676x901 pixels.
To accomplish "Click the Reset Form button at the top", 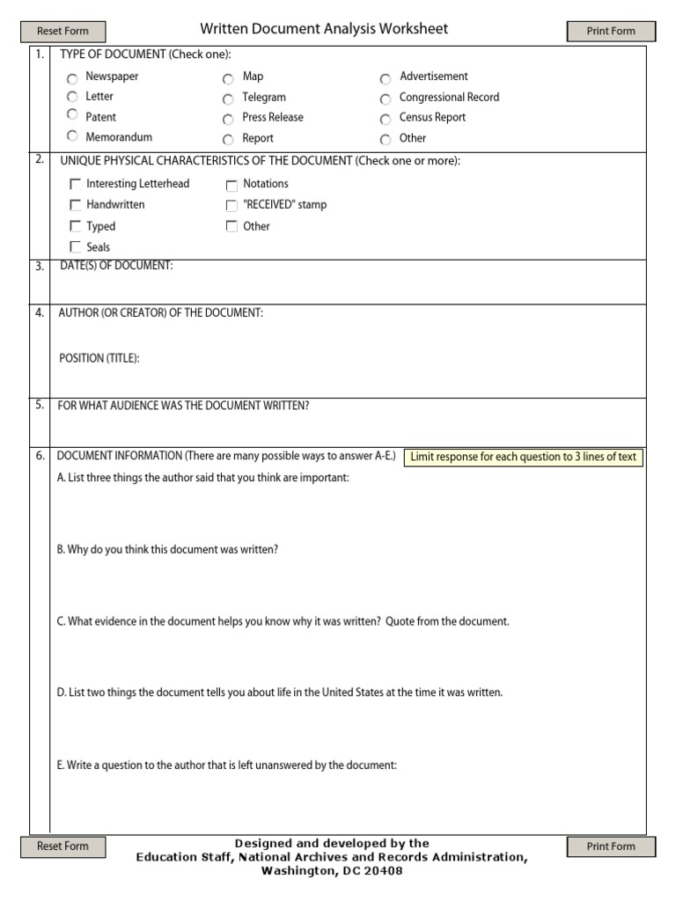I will point(62,31).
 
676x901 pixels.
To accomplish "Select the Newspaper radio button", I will point(72,78).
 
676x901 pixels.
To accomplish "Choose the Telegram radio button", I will point(228,99).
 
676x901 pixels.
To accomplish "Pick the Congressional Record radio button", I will point(386,99).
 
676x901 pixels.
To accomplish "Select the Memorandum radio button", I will point(72,137).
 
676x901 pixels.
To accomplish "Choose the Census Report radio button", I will point(386,119).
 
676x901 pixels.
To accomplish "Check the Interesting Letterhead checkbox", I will point(75,185).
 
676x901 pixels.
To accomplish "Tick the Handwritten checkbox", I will point(75,205).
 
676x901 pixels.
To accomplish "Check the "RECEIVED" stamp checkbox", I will point(231,206).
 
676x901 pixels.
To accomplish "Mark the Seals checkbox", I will point(75,247).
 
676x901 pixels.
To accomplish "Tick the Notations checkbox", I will point(231,185).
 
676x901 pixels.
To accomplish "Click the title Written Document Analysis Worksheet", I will point(324,29).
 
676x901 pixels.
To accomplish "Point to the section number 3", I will point(40,267).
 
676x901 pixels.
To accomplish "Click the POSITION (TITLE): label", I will point(99,358).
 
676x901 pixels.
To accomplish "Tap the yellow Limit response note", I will point(523,458).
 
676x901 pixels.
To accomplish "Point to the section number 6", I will point(40,456).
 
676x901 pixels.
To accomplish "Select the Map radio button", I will point(228,78).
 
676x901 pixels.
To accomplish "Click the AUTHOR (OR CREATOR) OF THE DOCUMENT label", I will point(160,313).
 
